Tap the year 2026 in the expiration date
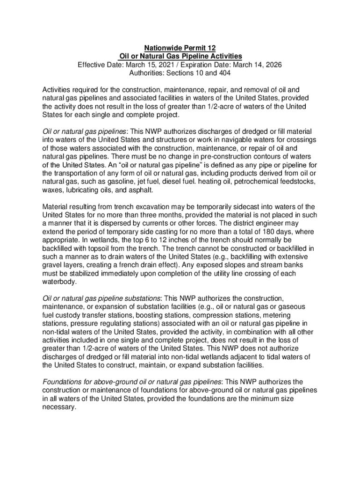pyautogui.click(x=272, y=65)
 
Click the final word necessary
pyautogui.click(x=59, y=407)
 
